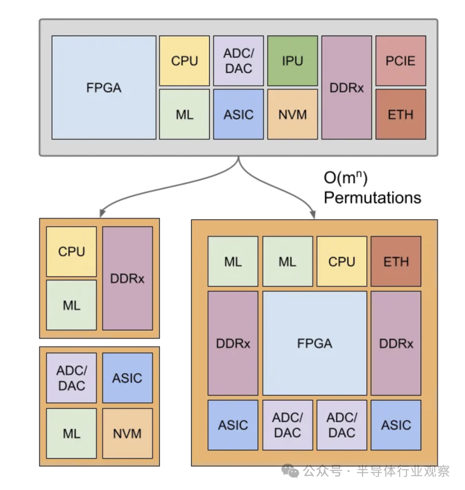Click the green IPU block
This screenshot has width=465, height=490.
(292, 61)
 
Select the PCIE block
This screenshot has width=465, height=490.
(400, 61)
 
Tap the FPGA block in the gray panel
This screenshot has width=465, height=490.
(104, 87)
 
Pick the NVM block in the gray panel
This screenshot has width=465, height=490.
(292, 114)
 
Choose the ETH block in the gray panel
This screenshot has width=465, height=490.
(400, 114)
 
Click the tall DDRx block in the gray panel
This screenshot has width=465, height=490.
(347, 87)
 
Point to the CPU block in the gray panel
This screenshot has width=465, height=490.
(184, 61)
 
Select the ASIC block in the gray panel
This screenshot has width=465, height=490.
(238, 114)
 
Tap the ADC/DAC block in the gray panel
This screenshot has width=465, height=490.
(238, 61)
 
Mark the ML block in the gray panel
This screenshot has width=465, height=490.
(184, 114)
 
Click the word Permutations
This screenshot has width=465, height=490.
(372, 198)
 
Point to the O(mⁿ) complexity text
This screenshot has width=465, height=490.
(345, 178)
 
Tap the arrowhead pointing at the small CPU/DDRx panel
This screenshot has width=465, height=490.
(102, 213)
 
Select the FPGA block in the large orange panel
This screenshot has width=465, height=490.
(314, 343)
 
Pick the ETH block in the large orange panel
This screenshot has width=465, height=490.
(396, 261)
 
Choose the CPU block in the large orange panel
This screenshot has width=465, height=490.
(341, 261)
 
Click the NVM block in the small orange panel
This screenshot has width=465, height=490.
(127, 434)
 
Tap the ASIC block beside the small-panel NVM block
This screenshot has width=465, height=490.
(127, 378)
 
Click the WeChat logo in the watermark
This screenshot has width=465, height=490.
(290, 471)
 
